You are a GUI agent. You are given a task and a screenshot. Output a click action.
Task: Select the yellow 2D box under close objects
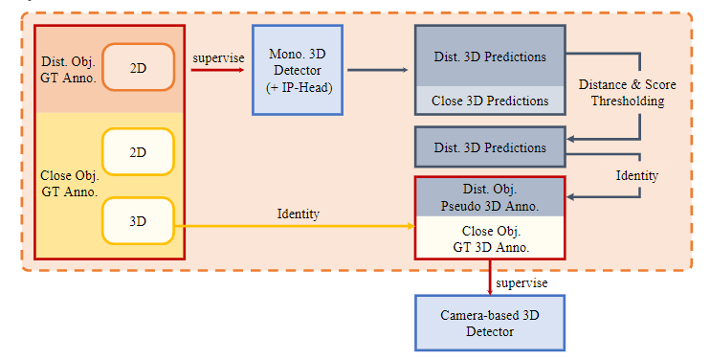[x=138, y=152]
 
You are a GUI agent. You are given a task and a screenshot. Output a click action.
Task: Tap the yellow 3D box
[x=138, y=220]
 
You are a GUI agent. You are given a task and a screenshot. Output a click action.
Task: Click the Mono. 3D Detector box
[x=297, y=70]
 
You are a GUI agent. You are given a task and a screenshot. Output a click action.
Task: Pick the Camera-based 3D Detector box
[x=490, y=323]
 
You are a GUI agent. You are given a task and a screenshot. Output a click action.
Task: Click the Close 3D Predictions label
[x=490, y=100]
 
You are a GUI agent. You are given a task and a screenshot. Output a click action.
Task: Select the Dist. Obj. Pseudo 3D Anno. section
[x=490, y=196]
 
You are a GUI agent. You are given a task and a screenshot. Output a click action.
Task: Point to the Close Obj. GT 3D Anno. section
[x=490, y=237]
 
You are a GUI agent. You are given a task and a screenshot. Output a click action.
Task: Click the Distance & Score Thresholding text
[x=627, y=93]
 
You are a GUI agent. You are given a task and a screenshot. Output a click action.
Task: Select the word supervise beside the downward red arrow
[x=521, y=283]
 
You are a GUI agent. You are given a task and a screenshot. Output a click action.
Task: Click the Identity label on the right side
[x=636, y=176]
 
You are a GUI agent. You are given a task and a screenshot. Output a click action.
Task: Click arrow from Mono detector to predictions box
[x=377, y=70]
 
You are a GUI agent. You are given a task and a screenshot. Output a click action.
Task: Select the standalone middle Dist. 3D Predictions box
[x=490, y=147]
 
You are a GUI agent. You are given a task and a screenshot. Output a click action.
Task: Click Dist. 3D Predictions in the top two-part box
[x=490, y=56]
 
